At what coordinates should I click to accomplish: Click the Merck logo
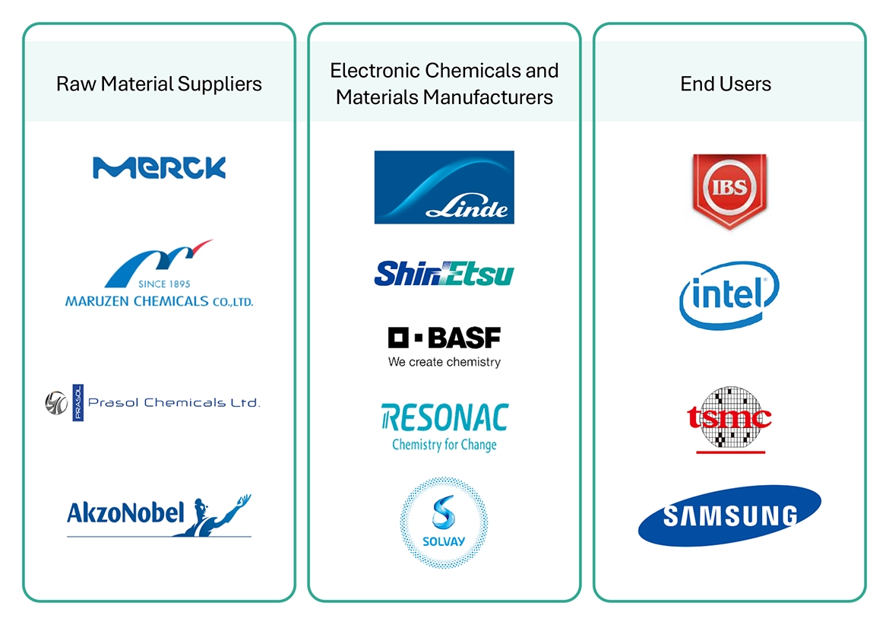pos(159,167)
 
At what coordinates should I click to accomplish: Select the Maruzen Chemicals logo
pos(159,274)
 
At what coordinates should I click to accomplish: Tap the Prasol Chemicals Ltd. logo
pos(152,402)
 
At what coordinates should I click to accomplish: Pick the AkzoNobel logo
pos(159,515)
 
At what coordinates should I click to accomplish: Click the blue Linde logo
pos(444,187)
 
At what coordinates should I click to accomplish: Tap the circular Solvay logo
pos(444,522)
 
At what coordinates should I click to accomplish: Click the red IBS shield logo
pos(729,189)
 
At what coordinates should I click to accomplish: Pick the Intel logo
pos(729,294)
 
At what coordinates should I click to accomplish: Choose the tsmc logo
pos(729,419)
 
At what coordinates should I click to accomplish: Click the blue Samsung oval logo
pos(729,516)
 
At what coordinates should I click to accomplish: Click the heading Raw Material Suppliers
pos(159,84)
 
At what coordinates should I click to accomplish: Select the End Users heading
pos(726,84)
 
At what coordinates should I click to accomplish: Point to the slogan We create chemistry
pos(444,362)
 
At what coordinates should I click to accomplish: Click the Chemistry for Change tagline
pos(444,445)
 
